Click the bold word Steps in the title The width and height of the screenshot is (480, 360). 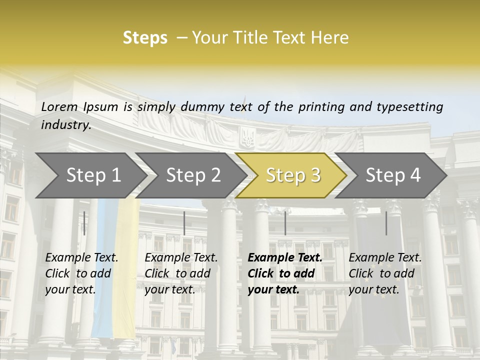coord(145,38)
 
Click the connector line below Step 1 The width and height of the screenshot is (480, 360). coord(84,223)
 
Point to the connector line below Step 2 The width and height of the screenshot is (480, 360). coord(184,223)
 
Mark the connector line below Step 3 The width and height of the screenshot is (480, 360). coord(285,223)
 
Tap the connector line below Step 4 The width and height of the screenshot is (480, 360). coord(386,223)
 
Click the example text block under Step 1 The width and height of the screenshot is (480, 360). coord(81,273)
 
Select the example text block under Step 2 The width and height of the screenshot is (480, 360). coord(181,273)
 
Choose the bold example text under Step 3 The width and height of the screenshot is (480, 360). coord(285,273)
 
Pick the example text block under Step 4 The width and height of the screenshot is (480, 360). coord(385,273)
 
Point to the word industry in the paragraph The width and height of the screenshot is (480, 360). coord(65,125)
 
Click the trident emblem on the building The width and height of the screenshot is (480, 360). coord(247,136)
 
